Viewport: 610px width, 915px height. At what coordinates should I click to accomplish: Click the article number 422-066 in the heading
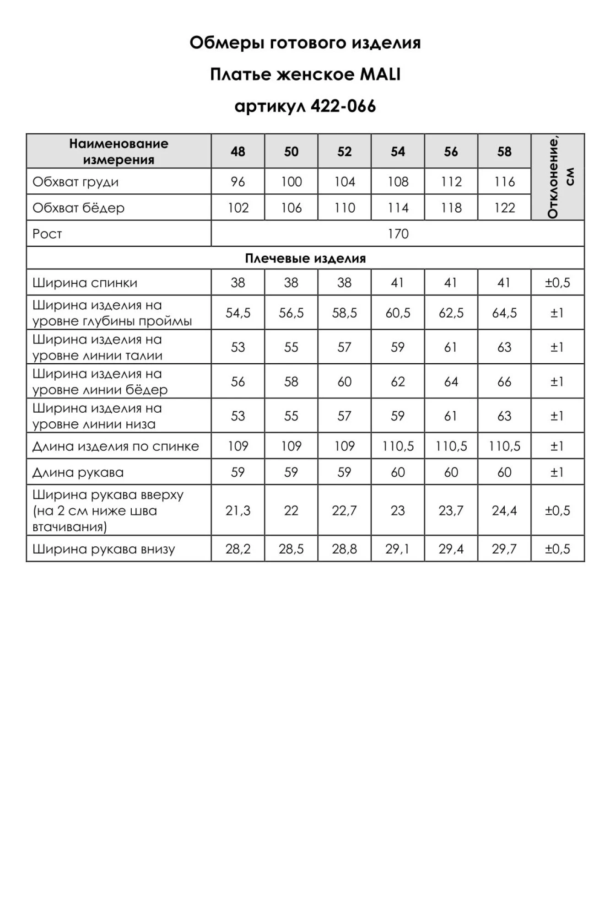(x=343, y=107)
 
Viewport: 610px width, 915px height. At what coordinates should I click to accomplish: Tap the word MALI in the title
(x=380, y=75)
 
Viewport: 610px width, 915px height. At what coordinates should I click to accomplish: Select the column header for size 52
(x=344, y=151)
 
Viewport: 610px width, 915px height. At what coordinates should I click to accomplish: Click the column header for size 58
(x=504, y=151)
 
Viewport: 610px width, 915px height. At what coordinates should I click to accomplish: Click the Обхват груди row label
(x=76, y=182)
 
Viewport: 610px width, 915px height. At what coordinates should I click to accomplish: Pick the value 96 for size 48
(x=238, y=182)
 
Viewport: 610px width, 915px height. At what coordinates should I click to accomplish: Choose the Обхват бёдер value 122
(x=504, y=208)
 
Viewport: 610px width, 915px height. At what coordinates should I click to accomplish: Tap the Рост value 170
(x=398, y=234)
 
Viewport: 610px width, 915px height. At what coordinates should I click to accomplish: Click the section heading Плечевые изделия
(x=305, y=258)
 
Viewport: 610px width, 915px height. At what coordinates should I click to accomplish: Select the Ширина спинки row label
(x=85, y=283)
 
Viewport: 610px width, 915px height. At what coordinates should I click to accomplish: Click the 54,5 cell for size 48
(x=238, y=313)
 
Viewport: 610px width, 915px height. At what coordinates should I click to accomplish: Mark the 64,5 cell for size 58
(x=504, y=313)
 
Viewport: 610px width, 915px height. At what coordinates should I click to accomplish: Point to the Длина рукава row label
(x=78, y=472)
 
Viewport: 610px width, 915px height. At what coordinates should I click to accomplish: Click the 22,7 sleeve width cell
(x=344, y=511)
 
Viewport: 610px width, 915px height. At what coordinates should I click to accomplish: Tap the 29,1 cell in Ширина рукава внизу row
(x=398, y=549)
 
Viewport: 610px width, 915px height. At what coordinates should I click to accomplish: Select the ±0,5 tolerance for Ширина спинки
(x=557, y=283)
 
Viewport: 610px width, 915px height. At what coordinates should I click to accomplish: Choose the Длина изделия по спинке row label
(x=115, y=446)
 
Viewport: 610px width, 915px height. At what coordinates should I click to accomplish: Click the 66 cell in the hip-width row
(x=504, y=382)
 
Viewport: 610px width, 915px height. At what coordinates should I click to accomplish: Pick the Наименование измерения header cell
(x=119, y=151)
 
